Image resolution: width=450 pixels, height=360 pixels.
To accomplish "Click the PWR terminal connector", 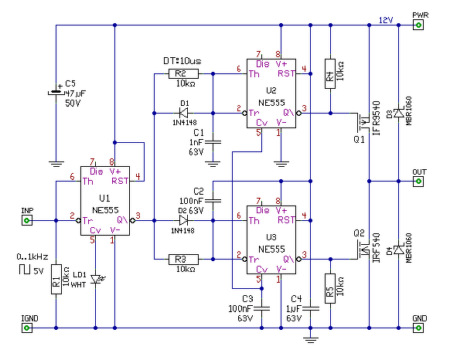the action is click(418, 25).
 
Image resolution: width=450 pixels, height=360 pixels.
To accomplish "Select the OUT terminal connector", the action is click(418, 182).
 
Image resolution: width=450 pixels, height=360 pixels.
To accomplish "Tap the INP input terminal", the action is click(27, 220).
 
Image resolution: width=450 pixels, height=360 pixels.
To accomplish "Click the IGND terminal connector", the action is click(27, 328).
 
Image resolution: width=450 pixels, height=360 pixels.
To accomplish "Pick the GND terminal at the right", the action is click(418, 328).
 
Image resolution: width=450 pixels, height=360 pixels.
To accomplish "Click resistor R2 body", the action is click(183, 73).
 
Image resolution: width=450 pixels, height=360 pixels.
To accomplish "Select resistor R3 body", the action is click(183, 260).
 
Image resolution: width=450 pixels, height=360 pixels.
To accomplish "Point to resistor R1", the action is click(56, 279).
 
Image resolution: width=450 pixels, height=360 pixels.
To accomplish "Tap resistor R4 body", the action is click(330, 73).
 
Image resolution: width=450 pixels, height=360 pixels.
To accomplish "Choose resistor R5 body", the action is click(330, 288).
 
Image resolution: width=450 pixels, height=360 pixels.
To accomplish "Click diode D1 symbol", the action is click(183, 113).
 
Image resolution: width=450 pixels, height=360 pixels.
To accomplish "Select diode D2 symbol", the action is click(183, 220).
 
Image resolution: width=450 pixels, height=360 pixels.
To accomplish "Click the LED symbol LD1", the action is click(97, 279).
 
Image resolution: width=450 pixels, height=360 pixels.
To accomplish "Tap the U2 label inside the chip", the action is click(271, 91).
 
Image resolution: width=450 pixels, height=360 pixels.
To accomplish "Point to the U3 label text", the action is click(271, 237).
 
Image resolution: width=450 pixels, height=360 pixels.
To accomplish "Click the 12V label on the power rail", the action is click(386, 20).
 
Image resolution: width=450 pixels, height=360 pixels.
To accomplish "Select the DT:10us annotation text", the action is click(182, 61).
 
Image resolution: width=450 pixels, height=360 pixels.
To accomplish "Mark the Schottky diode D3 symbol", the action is click(399, 113).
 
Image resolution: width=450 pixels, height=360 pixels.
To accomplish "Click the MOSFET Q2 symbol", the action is click(362, 250).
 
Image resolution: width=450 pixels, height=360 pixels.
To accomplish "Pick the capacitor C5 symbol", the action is click(56, 93).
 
